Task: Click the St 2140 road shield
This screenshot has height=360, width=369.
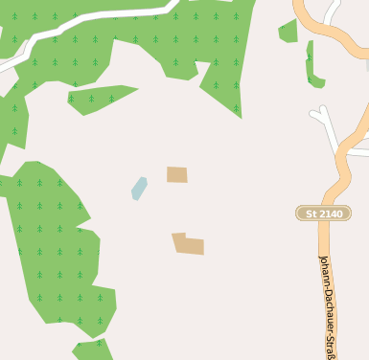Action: point(323,213)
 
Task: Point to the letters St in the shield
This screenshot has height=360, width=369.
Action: point(311,214)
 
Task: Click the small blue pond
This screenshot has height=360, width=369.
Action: point(139,188)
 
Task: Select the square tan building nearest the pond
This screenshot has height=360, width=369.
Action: point(176,174)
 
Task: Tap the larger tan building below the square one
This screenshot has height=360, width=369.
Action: point(188,244)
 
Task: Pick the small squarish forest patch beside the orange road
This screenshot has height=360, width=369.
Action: point(288,33)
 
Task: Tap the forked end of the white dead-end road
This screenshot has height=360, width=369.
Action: point(319,115)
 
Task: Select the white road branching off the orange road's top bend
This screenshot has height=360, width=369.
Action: point(332,11)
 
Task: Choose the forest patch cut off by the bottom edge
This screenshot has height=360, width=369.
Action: point(93,350)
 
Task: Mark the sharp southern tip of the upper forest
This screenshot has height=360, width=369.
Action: point(239,115)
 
